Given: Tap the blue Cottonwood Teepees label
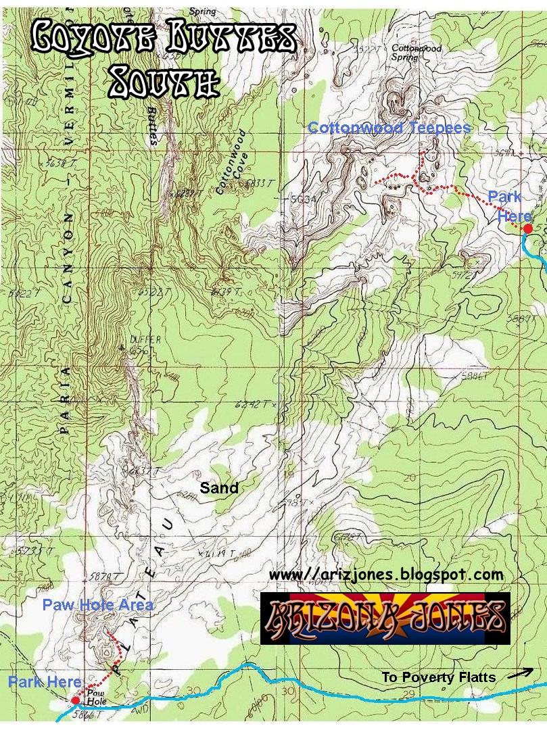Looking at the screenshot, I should (389, 128).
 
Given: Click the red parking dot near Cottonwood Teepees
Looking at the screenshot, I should (528, 229).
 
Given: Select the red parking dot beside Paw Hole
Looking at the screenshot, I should (75, 700).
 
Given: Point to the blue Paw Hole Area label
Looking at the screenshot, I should (97, 604).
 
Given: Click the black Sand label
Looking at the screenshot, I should (219, 487).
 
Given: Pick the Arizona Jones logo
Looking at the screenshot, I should (385, 618).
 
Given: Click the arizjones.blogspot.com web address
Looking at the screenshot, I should (386, 575).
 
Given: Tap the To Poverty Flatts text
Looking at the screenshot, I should (439, 677).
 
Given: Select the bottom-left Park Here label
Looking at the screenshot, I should (45, 682).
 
